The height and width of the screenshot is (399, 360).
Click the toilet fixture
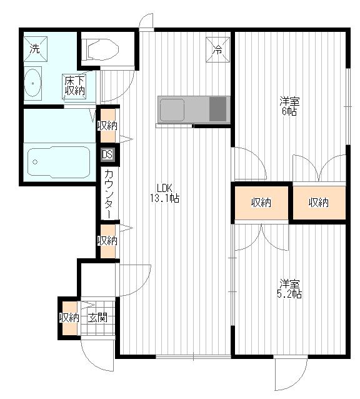click(x=100, y=49)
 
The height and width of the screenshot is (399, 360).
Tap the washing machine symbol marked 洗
click(x=36, y=49)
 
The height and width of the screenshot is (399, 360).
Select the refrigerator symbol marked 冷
click(x=217, y=49)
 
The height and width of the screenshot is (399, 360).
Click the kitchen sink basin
click(x=172, y=110)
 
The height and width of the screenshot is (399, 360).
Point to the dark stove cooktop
click(x=218, y=109)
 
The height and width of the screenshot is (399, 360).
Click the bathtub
click(x=59, y=162)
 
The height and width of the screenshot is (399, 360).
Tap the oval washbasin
click(x=32, y=83)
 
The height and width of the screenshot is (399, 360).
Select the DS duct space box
click(x=107, y=154)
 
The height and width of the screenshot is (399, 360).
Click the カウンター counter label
click(x=109, y=193)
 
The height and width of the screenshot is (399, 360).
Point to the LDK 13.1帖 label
click(x=165, y=193)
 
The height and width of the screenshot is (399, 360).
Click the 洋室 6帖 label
click(x=289, y=106)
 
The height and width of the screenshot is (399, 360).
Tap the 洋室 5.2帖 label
click(x=289, y=288)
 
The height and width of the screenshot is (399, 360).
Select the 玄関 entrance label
click(x=97, y=318)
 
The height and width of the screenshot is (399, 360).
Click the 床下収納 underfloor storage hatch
click(x=74, y=86)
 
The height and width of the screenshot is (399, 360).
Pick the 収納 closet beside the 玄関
click(x=69, y=318)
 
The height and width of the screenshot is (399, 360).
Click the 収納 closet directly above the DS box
click(x=107, y=126)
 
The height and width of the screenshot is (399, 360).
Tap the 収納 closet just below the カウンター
click(x=107, y=241)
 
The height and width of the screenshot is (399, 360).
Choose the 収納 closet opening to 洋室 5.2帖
click(x=261, y=203)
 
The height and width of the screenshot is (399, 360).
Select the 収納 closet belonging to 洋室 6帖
click(x=319, y=203)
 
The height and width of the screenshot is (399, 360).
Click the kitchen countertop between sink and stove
click(x=196, y=109)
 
